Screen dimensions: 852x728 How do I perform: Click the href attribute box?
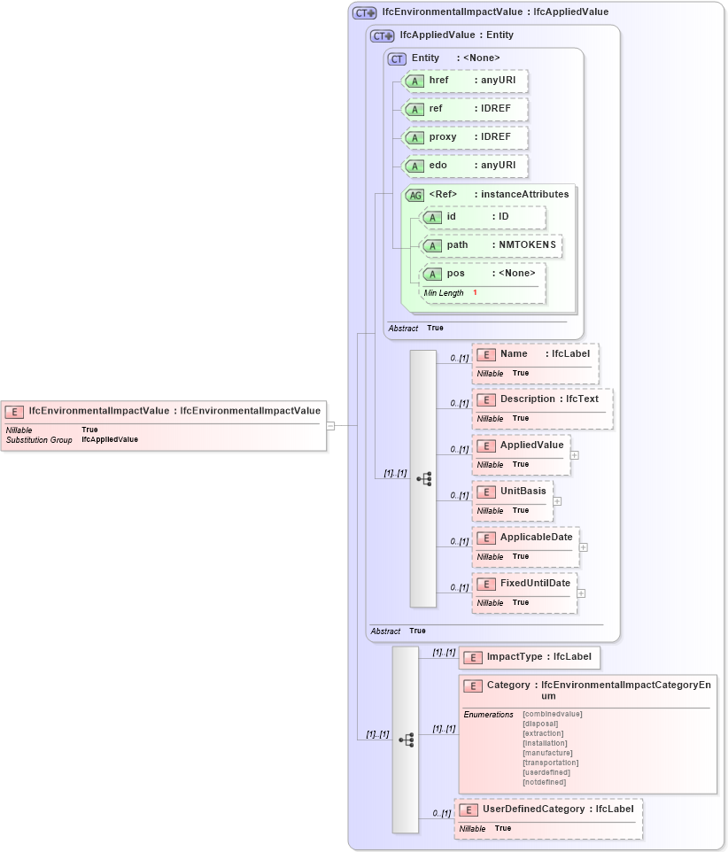click(x=465, y=81)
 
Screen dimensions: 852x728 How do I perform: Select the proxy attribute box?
click(x=465, y=137)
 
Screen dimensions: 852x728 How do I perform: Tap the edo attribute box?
click(x=465, y=166)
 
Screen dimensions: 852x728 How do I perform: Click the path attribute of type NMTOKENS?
click(x=491, y=245)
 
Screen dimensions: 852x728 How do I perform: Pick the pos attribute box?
click(x=483, y=274)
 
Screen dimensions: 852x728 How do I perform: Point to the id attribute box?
click(x=483, y=217)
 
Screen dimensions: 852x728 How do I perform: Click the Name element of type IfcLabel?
click(x=535, y=354)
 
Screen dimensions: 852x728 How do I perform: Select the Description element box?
click(x=541, y=399)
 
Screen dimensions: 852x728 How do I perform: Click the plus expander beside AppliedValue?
click(x=575, y=454)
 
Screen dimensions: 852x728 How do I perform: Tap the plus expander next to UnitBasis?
click(x=557, y=500)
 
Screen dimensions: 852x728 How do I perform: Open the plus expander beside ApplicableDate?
click(x=583, y=546)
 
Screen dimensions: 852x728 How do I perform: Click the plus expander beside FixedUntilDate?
click(x=581, y=593)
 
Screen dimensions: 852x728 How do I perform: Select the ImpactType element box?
click(x=530, y=658)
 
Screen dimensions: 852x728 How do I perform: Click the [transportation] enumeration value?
click(x=550, y=763)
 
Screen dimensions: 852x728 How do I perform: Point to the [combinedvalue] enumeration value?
click(x=552, y=714)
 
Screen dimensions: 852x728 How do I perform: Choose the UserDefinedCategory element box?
click(x=548, y=809)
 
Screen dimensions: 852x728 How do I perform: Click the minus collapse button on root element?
click(x=330, y=425)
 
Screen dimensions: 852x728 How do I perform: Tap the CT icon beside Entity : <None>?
click(x=397, y=58)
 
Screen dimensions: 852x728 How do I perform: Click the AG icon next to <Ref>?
click(x=414, y=195)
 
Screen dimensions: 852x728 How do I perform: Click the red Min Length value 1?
click(x=475, y=293)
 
